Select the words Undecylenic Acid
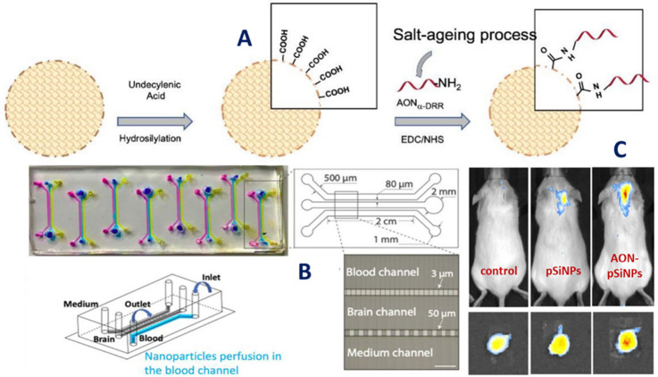pyautogui.click(x=149, y=84)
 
